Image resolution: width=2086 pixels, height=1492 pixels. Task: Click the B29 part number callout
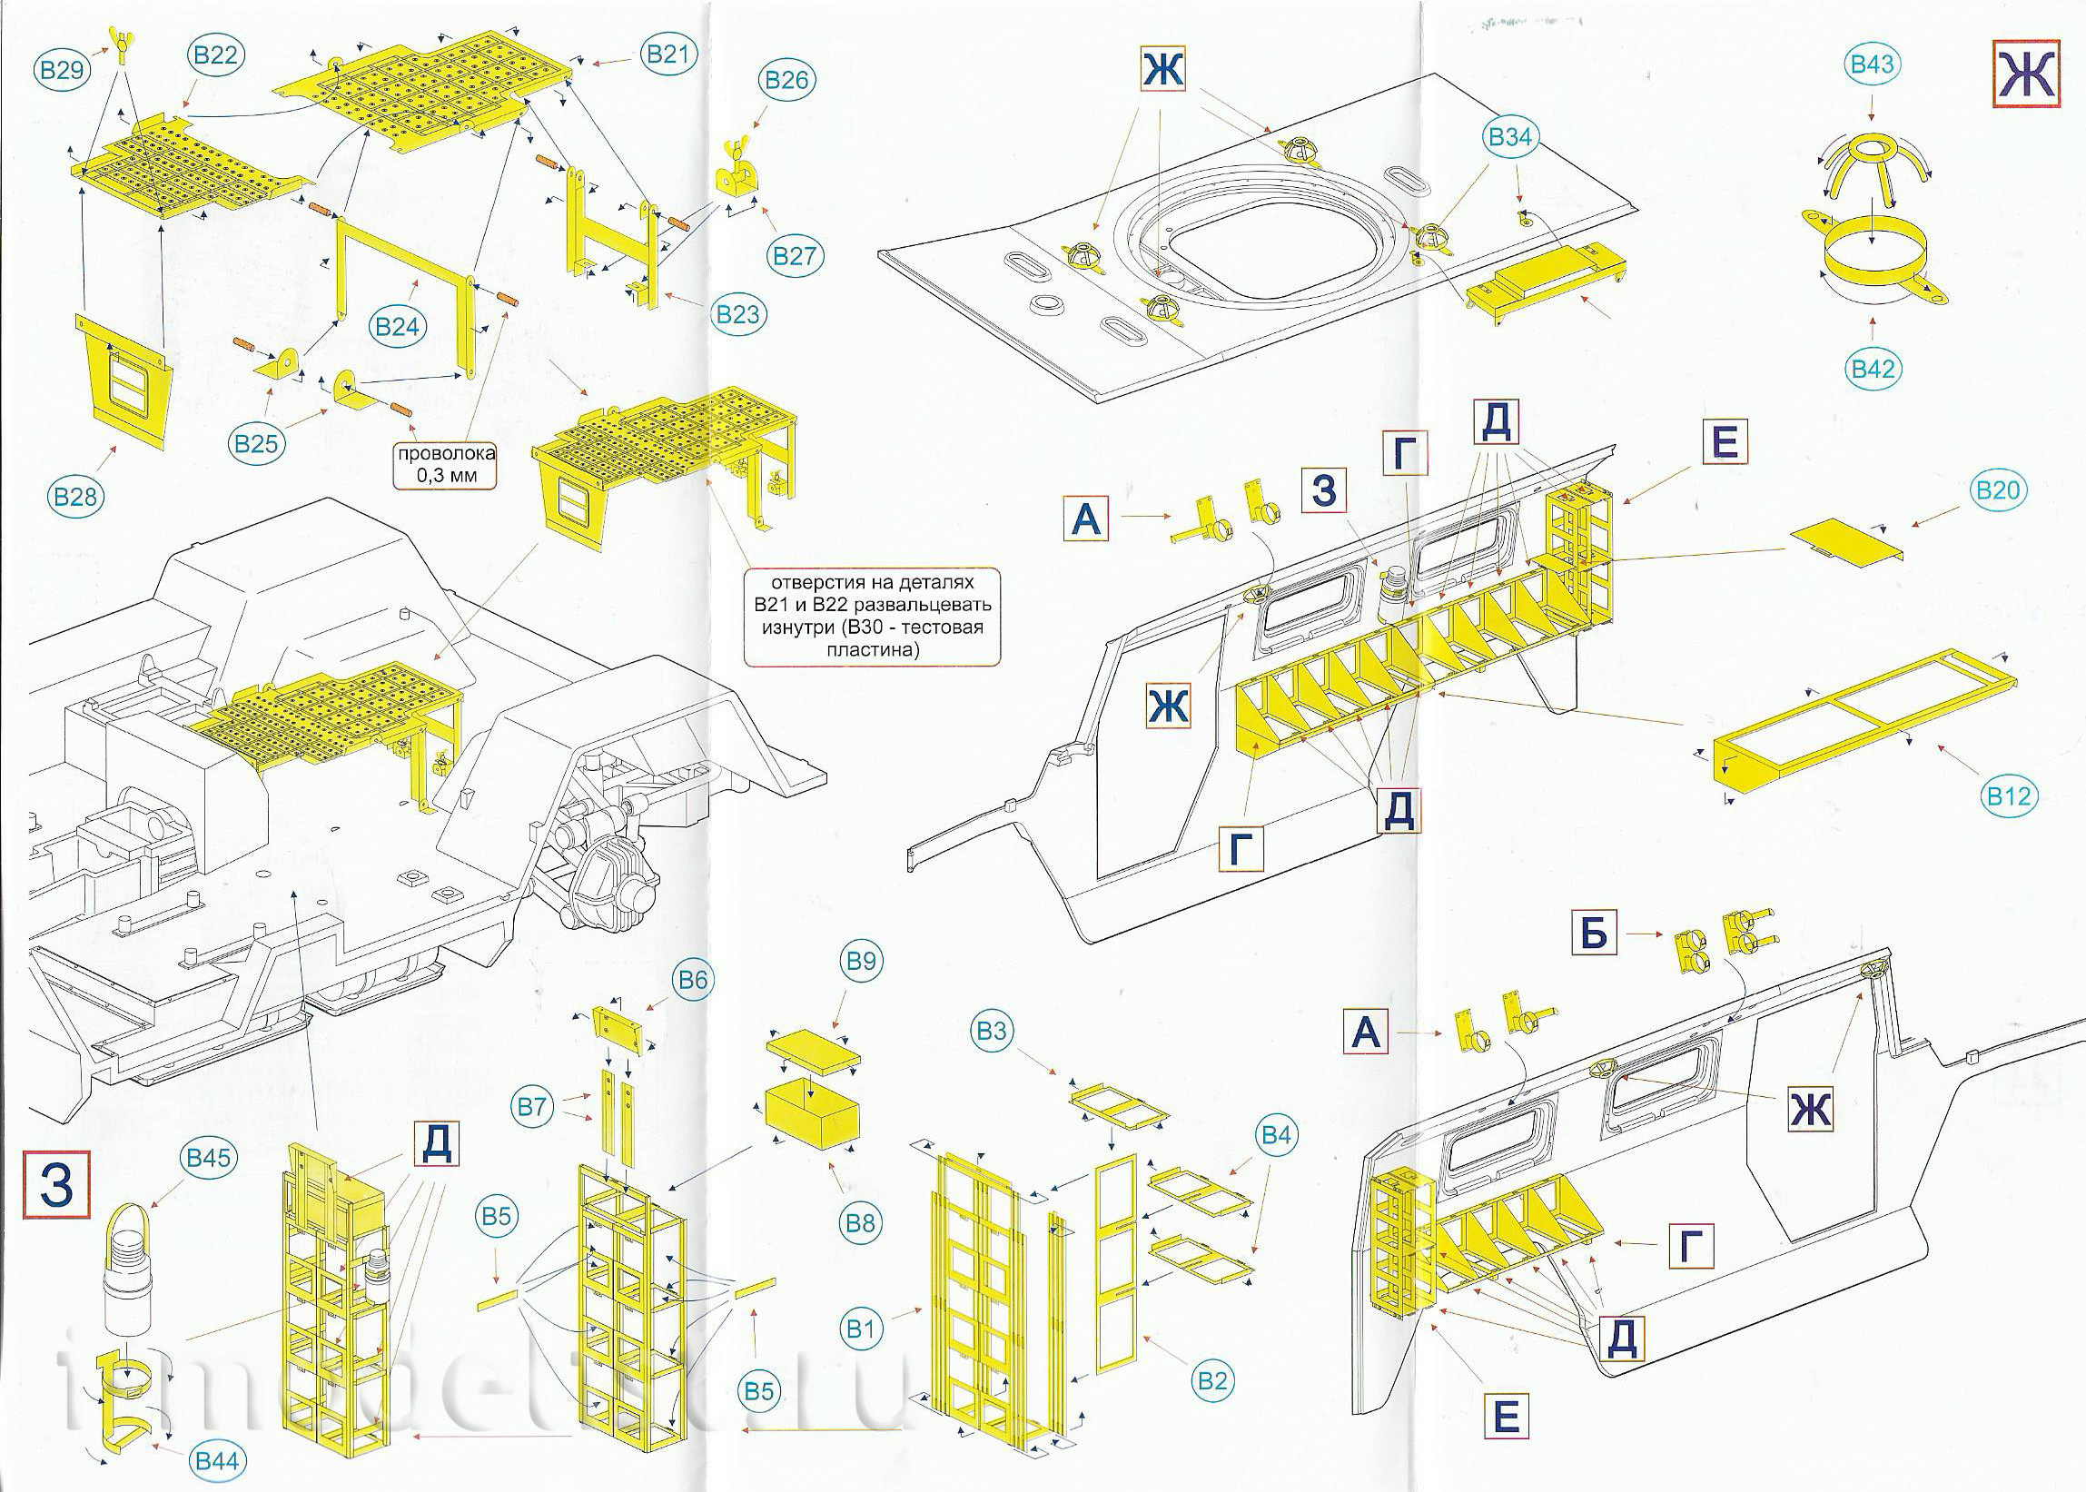click(x=63, y=70)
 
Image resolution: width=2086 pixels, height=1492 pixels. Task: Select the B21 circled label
click(x=667, y=54)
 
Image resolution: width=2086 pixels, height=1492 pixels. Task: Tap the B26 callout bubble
click(x=786, y=80)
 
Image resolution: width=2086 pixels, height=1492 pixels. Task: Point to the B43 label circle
click(x=1872, y=64)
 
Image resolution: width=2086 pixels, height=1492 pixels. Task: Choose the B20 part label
click(x=1998, y=490)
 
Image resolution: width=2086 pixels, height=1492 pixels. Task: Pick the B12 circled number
click(x=2009, y=795)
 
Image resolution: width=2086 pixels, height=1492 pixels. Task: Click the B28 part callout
click(x=75, y=497)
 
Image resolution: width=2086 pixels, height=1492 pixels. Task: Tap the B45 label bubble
click(x=209, y=1158)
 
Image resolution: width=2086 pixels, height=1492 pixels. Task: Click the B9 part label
click(x=862, y=961)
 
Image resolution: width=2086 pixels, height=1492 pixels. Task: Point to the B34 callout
click(x=1510, y=137)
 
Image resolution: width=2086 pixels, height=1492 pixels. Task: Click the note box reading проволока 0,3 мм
click(x=447, y=465)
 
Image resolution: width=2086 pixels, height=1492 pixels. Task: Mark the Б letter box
click(x=1594, y=933)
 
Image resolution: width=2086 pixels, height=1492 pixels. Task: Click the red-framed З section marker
click(x=57, y=1184)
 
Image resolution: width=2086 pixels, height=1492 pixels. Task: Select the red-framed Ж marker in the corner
click(x=2025, y=74)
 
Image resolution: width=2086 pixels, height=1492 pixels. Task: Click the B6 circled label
click(x=693, y=980)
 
